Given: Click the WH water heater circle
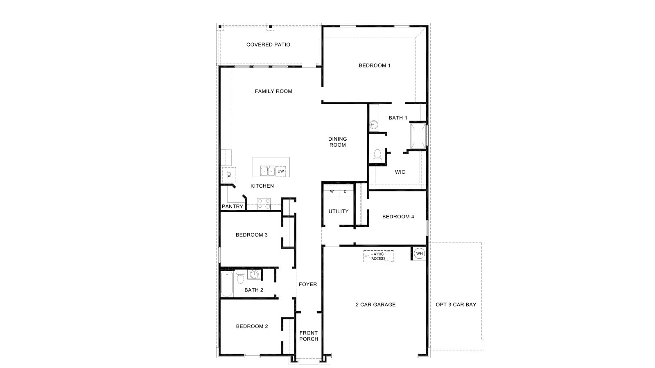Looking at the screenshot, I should [x=419, y=254].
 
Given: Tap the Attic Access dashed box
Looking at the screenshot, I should [x=378, y=256].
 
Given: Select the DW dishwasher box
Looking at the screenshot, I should [x=281, y=171].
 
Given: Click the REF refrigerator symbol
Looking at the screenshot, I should [x=229, y=175].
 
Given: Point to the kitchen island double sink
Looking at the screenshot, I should [x=268, y=171].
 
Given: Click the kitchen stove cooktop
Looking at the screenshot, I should [x=264, y=204].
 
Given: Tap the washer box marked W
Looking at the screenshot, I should [x=332, y=191].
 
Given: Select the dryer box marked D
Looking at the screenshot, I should [x=345, y=191].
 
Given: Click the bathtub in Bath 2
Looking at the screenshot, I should [x=227, y=284].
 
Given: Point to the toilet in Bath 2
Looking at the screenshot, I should [x=240, y=277].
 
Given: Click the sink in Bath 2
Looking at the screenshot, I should [x=254, y=274].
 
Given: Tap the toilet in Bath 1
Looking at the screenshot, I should [x=377, y=155].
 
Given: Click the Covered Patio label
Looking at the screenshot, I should [x=268, y=45].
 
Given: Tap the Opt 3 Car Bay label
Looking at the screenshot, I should [x=456, y=305].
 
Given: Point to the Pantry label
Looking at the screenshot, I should [x=233, y=206].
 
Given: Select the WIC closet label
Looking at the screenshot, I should [x=400, y=172].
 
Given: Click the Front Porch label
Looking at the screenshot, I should [x=308, y=336].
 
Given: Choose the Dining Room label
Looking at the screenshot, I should [x=337, y=142].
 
